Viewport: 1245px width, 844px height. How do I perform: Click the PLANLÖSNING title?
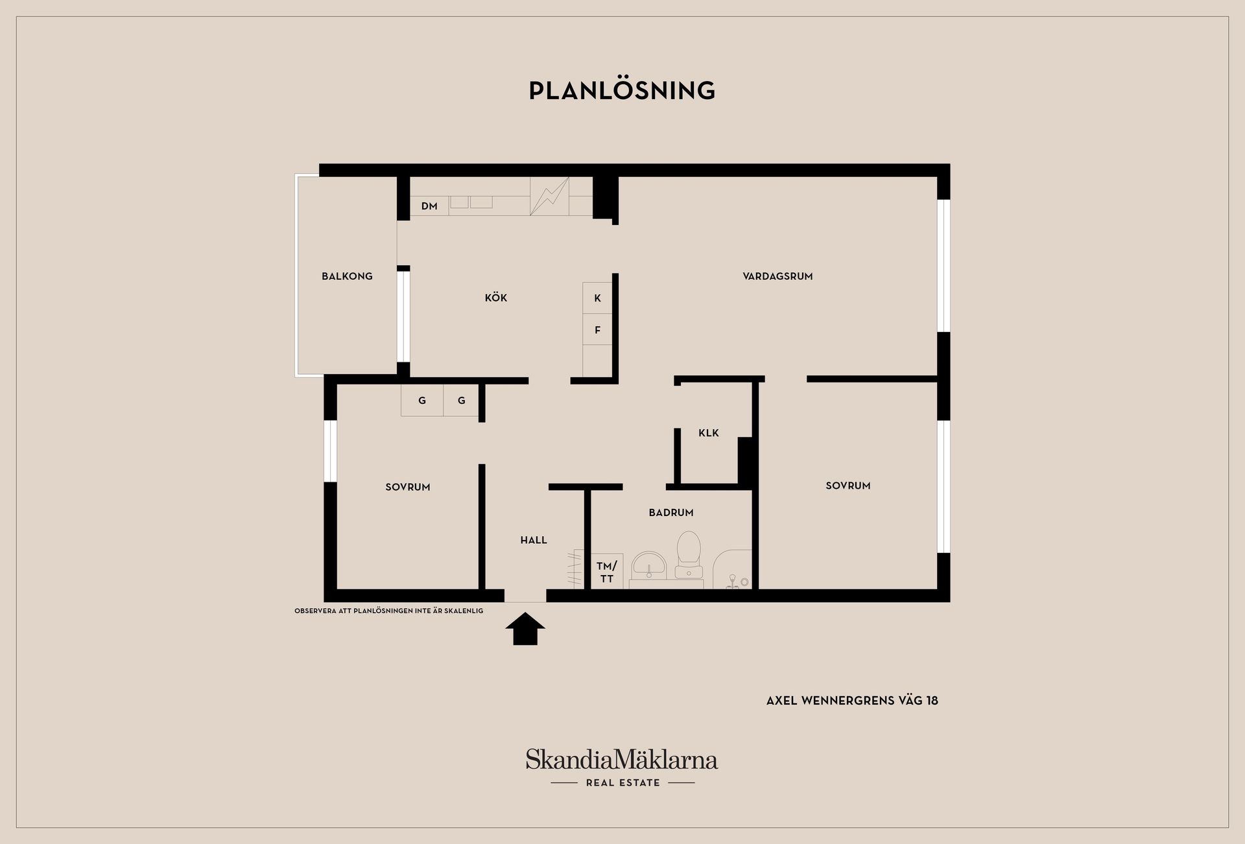pos(622,90)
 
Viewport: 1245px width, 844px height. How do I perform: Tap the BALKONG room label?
pos(347,276)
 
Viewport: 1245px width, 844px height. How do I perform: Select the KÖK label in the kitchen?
pos(496,298)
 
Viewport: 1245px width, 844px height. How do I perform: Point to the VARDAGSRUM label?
pos(777,276)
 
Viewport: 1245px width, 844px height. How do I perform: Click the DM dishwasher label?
pos(429,206)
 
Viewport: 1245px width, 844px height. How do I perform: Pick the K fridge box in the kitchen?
pos(597,298)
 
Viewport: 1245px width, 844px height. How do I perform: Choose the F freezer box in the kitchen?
pos(597,329)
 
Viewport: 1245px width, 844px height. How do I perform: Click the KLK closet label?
pos(709,433)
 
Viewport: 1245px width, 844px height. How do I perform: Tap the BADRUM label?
pos(671,513)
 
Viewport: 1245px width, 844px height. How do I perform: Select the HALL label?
pos(534,540)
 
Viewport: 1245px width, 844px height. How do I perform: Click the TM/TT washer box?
pos(607,571)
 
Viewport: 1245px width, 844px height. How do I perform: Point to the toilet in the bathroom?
pos(688,555)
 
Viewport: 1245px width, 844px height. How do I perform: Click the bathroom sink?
pos(649,565)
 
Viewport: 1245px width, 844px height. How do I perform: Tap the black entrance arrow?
pos(525,629)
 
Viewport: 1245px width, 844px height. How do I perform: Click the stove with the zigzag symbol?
pos(549,196)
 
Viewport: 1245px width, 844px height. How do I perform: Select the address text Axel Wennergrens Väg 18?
pos(852,701)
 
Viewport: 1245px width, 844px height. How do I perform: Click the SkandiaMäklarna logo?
pos(622,759)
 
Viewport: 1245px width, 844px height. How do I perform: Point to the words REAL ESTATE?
pos(622,783)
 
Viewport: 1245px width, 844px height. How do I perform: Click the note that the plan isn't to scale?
pos(389,611)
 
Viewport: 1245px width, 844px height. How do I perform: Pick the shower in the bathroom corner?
pos(733,570)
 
